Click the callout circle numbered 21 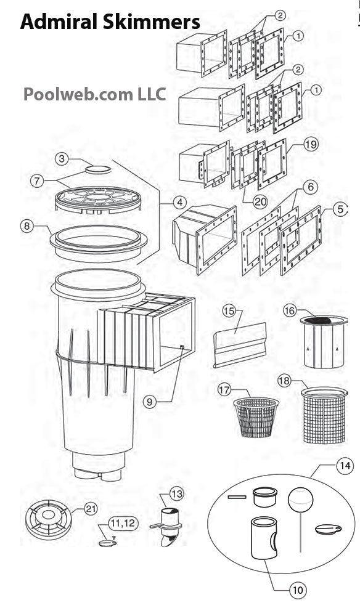coord(91,508)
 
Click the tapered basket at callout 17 coord(253,419)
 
